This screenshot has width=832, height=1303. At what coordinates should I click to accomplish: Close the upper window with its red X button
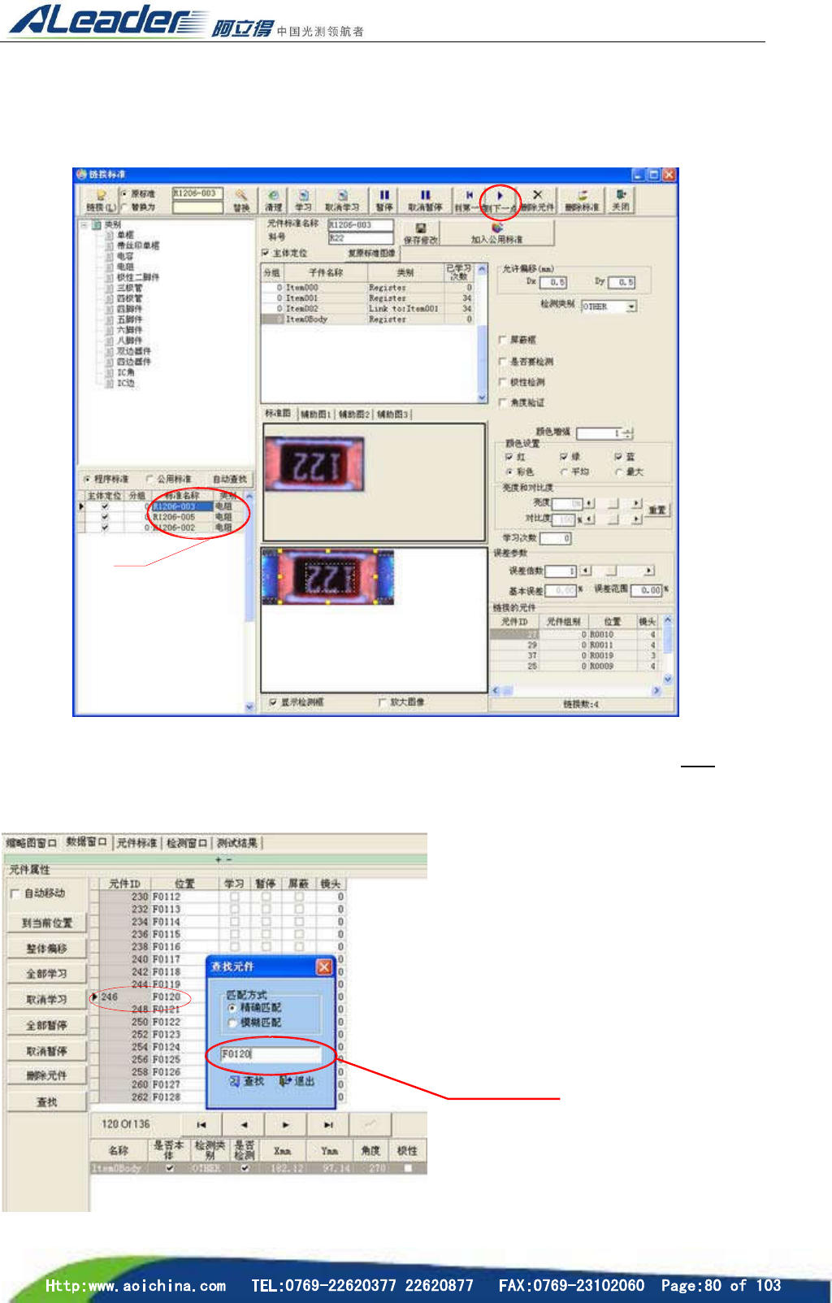point(669,175)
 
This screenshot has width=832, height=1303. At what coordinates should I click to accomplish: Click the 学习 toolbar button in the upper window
point(303,200)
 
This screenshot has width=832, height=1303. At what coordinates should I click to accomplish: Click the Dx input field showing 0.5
point(553,282)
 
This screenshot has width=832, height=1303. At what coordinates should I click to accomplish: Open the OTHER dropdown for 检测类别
point(631,306)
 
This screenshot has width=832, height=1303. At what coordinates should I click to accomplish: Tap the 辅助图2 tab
point(354,415)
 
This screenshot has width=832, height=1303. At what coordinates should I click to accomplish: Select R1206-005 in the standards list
point(175,517)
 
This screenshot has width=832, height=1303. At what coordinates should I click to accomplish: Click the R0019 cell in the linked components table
point(602,655)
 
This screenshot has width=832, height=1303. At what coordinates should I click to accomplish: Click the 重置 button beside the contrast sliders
point(656,510)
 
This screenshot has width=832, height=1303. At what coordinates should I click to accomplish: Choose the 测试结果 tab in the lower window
point(237,843)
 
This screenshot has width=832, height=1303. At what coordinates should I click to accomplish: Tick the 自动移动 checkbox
point(15,893)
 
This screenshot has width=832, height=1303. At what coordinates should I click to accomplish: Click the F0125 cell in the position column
point(167,1059)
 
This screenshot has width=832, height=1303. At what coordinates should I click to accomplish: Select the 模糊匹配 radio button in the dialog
point(232,1023)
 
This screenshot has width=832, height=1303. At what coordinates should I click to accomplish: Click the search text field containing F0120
point(271,1053)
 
